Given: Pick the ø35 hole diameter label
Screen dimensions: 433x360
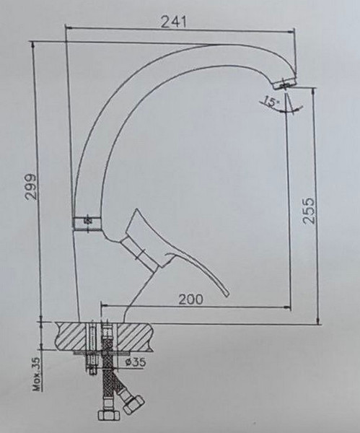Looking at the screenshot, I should coord(139,361).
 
